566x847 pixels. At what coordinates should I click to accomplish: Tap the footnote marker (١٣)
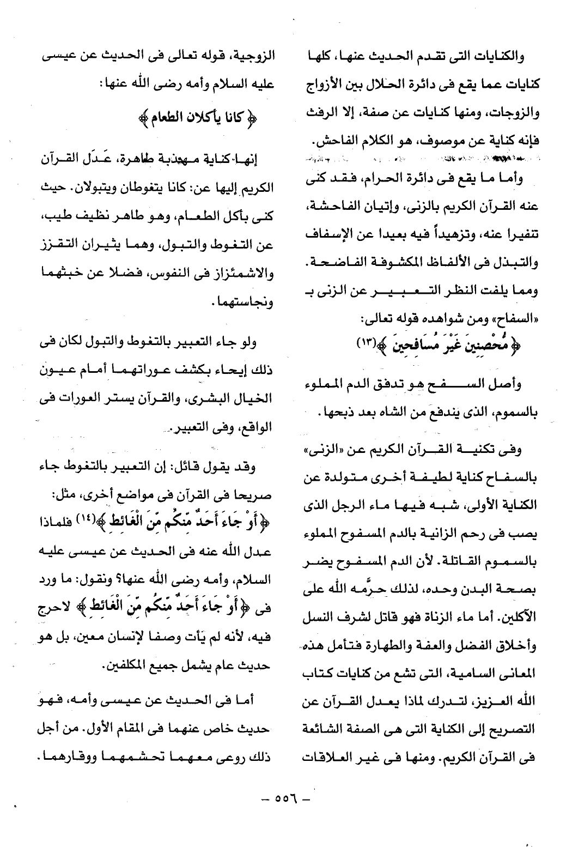pos(364,343)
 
